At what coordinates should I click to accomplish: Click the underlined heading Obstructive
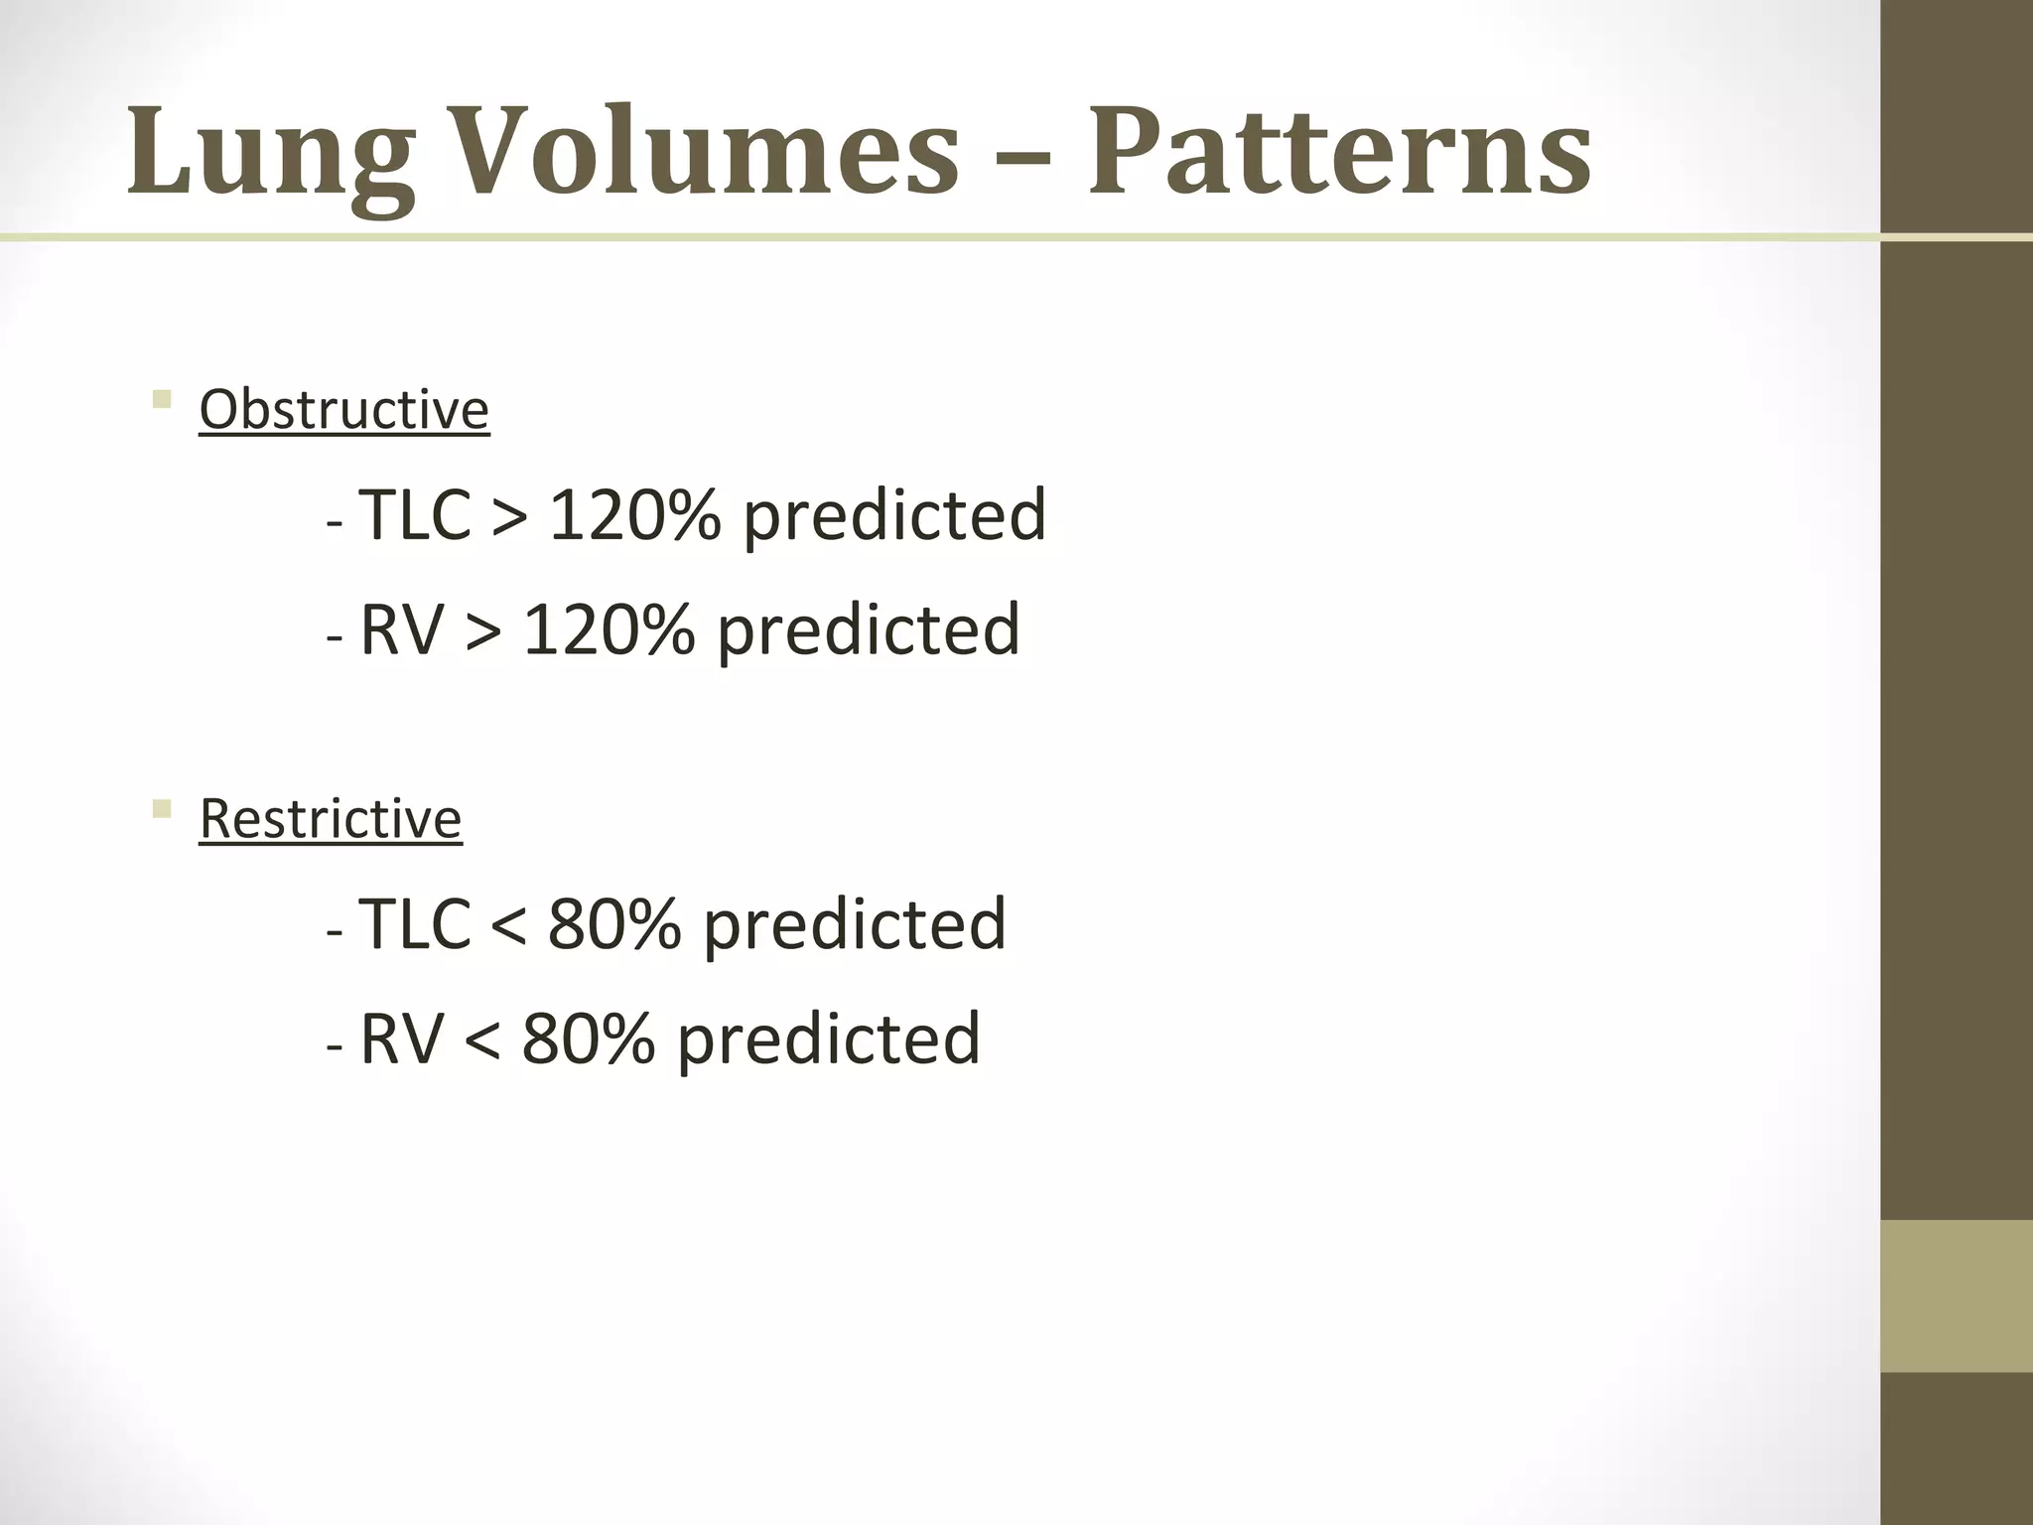(343, 409)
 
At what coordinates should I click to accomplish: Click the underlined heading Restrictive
(330, 818)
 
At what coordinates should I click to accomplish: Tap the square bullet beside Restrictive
(162, 810)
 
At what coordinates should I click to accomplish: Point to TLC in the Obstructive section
(414, 515)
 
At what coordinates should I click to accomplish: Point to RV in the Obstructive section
(401, 629)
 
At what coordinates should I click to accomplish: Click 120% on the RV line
(608, 629)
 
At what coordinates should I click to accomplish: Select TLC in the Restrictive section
(414, 924)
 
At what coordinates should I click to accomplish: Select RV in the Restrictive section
(401, 1039)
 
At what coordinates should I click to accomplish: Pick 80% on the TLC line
(613, 924)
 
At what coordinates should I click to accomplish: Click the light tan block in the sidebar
(1956, 1296)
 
